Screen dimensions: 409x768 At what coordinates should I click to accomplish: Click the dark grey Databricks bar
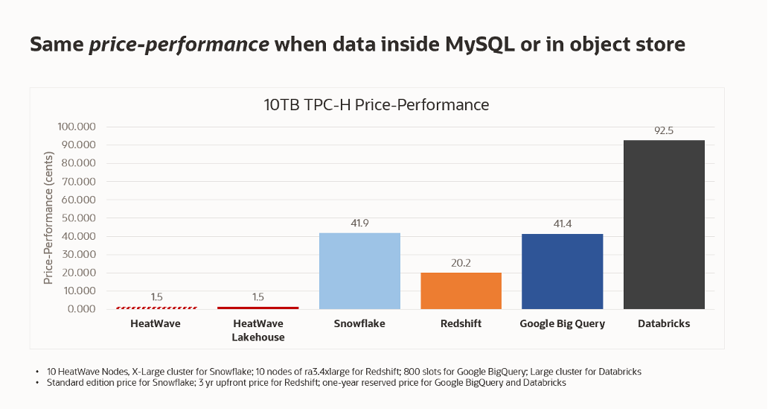[663, 224]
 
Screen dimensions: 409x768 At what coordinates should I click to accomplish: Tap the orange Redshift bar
[461, 291]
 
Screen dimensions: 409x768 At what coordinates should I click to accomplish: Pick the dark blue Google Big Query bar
[562, 271]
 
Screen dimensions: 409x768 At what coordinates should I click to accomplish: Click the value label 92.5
[663, 131]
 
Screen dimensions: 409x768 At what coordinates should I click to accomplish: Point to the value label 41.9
[359, 223]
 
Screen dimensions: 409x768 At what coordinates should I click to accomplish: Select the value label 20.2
[461, 263]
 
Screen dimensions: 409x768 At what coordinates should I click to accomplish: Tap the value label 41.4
[562, 224]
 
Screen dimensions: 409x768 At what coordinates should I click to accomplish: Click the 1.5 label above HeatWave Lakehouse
[258, 297]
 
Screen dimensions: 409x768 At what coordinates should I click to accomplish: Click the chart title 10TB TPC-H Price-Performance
[377, 105]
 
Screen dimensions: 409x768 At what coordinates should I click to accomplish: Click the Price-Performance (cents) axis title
[48, 217]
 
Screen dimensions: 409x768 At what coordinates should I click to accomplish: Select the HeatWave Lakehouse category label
[258, 330]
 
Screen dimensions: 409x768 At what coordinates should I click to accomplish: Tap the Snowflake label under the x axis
[359, 324]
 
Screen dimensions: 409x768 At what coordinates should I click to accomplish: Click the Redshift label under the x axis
[461, 324]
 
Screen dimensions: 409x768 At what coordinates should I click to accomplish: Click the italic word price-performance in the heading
[179, 45]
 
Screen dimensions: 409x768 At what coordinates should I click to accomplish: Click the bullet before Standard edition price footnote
[37, 383]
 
